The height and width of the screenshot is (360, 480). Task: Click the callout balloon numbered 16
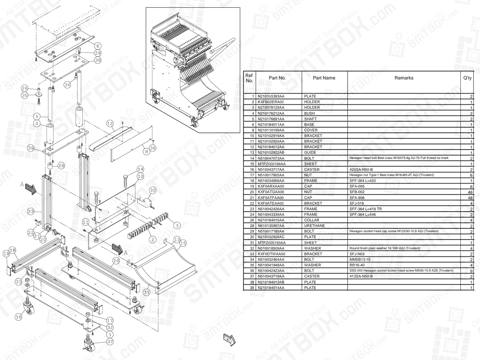[18, 316]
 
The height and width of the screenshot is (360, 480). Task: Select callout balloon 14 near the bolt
[140, 169]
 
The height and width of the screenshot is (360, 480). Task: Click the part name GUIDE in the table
[311, 153]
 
